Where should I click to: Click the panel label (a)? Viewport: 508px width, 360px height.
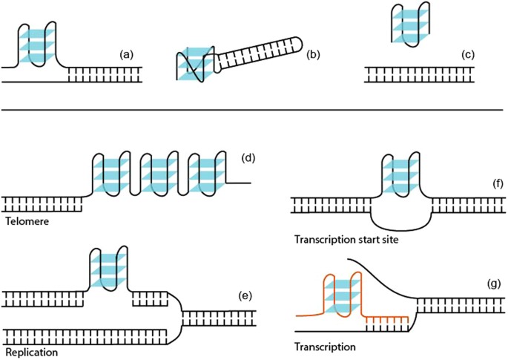(x=126, y=54)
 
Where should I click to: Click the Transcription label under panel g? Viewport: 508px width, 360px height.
(x=323, y=346)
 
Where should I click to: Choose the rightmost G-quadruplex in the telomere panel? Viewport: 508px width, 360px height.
(x=204, y=175)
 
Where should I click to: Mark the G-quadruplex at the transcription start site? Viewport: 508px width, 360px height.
(x=400, y=177)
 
